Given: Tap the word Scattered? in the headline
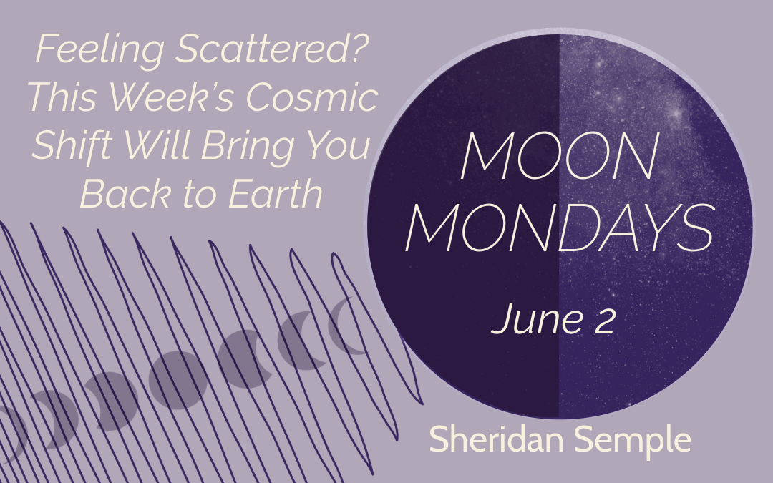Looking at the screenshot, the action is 273,49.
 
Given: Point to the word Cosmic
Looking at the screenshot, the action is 312,97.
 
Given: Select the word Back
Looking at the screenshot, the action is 126,193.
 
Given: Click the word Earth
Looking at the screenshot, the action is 276,193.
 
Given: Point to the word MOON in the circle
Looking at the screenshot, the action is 560,156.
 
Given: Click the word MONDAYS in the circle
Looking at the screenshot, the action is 560,228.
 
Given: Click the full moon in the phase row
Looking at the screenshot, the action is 178,380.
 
